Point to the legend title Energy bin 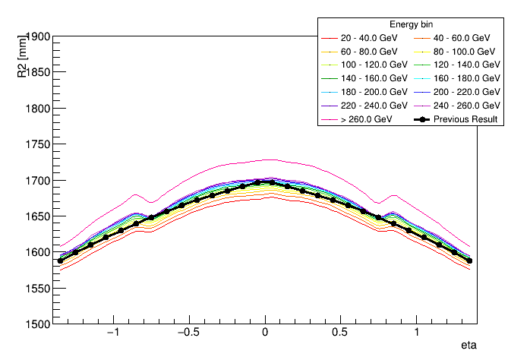pos(411,24)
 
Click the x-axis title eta pos(468,346)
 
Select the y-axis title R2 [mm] pos(24,54)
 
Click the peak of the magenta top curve pos(265,159)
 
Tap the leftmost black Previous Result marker pos(61,261)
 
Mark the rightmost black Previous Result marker pos(469,261)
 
